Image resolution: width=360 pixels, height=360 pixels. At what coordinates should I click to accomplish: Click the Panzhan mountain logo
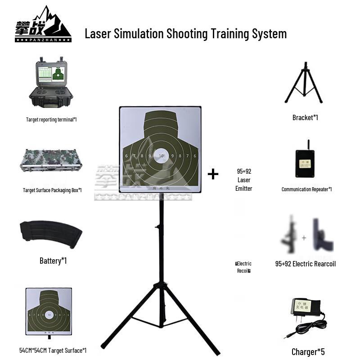[43, 24]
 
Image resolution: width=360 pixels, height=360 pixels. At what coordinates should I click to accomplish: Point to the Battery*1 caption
[53, 261]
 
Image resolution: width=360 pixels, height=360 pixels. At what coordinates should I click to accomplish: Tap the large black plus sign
[213, 174]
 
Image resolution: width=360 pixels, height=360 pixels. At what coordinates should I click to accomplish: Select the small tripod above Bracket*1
[303, 83]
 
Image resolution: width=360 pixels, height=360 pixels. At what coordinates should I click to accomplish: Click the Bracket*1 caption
[305, 117]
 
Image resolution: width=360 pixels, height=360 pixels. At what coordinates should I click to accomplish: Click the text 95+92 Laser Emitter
[243, 180]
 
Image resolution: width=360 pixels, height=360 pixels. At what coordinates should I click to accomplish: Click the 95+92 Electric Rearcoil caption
[306, 264]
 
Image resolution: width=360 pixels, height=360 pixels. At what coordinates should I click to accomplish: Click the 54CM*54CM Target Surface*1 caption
[53, 351]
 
